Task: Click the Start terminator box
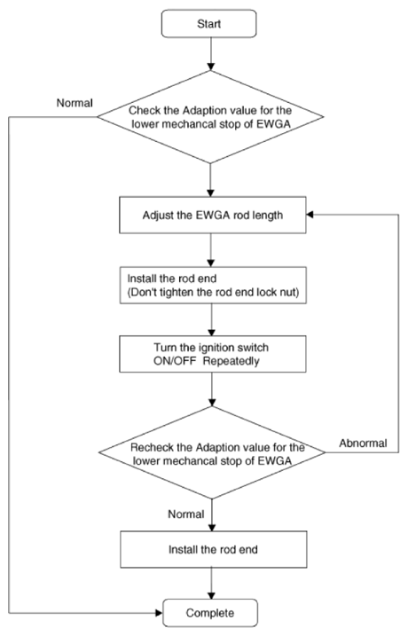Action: click(x=208, y=24)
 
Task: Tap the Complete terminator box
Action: click(x=210, y=613)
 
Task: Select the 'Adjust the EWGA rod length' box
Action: click(x=213, y=215)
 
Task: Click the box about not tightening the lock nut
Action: click(x=213, y=285)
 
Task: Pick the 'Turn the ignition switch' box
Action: click(x=213, y=354)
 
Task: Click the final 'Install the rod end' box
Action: click(x=214, y=550)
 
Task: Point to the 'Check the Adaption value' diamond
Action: click(x=210, y=117)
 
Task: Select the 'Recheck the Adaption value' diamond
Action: click(x=212, y=452)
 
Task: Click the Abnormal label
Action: click(x=363, y=443)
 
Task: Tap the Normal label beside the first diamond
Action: click(x=75, y=103)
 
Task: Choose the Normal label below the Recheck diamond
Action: click(x=186, y=514)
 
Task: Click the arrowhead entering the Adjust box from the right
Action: click(x=310, y=215)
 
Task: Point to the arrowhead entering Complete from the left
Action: click(x=159, y=613)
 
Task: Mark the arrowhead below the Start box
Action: click(x=210, y=67)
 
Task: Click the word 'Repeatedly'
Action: click(x=231, y=361)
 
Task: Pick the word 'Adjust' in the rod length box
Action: click(x=158, y=215)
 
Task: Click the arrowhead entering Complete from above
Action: click(x=211, y=595)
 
